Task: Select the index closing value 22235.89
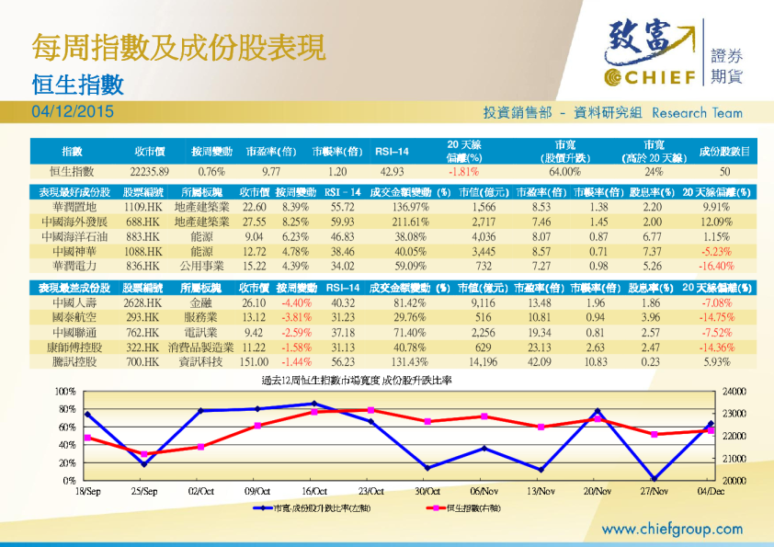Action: pyautogui.click(x=150, y=171)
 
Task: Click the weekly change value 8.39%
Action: pyautogui.click(x=294, y=208)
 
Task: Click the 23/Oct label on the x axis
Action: pyautogui.click(x=370, y=492)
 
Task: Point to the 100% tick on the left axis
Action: pyautogui.click(x=65, y=392)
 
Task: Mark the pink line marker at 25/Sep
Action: pyautogui.click(x=143, y=454)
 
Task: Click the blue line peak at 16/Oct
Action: pyautogui.click(x=314, y=404)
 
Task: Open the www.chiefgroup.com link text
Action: pyautogui.click(x=672, y=529)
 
